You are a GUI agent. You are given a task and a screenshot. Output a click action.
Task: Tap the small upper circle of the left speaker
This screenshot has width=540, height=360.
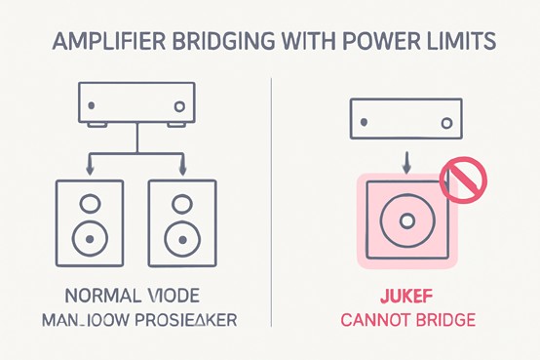(x=90, y=204)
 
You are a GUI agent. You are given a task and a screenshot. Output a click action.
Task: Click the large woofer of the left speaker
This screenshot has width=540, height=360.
(x=90, y=237)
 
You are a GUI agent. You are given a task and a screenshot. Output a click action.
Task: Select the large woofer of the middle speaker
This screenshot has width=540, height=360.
(x=181, y=237)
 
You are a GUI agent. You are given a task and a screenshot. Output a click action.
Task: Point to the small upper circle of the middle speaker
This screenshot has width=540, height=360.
(x=181, y=204)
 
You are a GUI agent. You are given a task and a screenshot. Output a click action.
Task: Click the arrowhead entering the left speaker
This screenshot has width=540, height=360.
(x=91, y=172)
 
